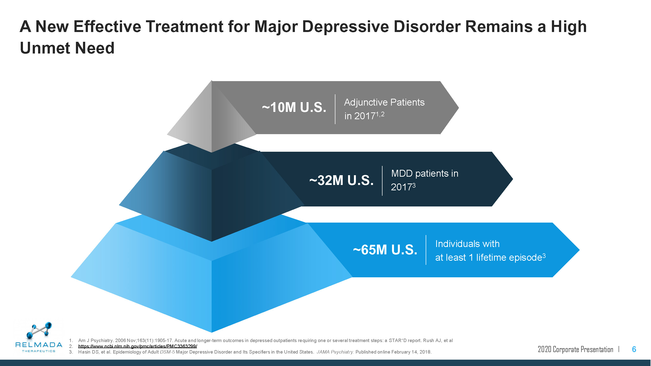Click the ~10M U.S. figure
294,107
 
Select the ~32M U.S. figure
341,180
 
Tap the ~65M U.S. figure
385,250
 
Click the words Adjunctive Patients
384,102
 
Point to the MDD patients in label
424,173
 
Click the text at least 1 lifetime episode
488,258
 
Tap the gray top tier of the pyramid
212,116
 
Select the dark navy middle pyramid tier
212,192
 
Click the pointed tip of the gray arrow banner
458,108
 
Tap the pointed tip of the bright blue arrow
579,250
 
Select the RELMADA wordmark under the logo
39,345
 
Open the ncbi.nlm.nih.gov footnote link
137,346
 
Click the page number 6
634,349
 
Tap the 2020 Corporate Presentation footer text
575,349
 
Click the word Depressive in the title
345,27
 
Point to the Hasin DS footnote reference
255,352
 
